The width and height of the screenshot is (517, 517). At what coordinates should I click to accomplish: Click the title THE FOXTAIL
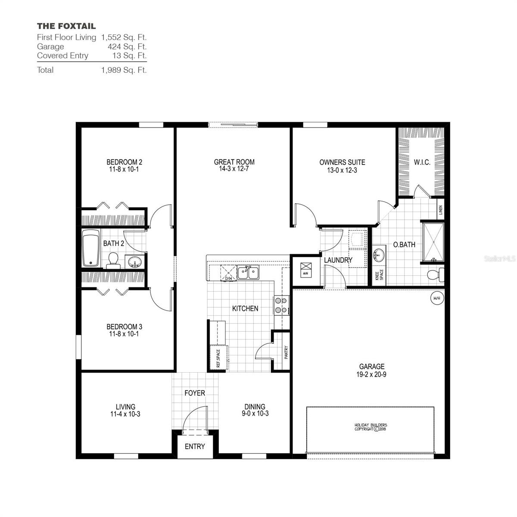click(x=66, y=26)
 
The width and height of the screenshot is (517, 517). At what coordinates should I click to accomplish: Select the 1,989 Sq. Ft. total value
click(x=124, y=70)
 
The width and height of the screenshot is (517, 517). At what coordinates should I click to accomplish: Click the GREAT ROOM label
click(x=234, y=162)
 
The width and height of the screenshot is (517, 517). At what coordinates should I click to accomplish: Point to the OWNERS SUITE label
click(x=342, y=162)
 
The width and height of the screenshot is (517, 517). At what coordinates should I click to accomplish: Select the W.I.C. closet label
click(x=422, y=162)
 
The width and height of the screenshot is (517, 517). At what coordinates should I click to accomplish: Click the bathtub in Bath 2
click(x=90, y=249)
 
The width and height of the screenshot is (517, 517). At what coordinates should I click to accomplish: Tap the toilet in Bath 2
click(x=113, y=260)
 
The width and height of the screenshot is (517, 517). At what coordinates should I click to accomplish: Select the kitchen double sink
click(x=248, y=272)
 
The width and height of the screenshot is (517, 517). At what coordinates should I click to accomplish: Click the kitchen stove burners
click(x=281, y=305)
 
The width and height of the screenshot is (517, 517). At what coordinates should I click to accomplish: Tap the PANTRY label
click(x=286, y=352)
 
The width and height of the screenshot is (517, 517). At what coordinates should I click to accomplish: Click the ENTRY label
click(x=195, y=446)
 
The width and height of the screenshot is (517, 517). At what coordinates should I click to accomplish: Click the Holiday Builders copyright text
click(x=371, y=427)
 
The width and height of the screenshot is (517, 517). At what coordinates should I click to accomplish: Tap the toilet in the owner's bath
click(x=435, y=274)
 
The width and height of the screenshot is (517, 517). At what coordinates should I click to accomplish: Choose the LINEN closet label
click(x=440, y=210)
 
